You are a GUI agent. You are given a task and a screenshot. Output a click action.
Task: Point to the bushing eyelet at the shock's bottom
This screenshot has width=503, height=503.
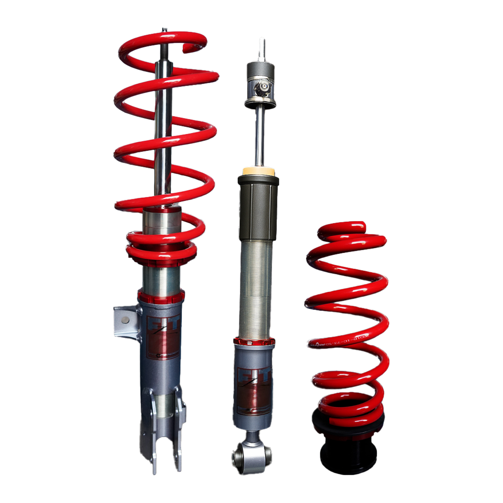pos(240,455)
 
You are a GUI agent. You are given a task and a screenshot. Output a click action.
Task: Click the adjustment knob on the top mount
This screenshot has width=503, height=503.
pos(262,87)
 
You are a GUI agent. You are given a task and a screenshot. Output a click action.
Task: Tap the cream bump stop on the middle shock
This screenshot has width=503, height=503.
pos(258,172)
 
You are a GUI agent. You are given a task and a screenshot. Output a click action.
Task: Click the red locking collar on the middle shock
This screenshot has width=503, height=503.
pos(254,342)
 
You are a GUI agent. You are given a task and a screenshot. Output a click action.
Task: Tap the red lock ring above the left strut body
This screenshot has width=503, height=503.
pos(161,296)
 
